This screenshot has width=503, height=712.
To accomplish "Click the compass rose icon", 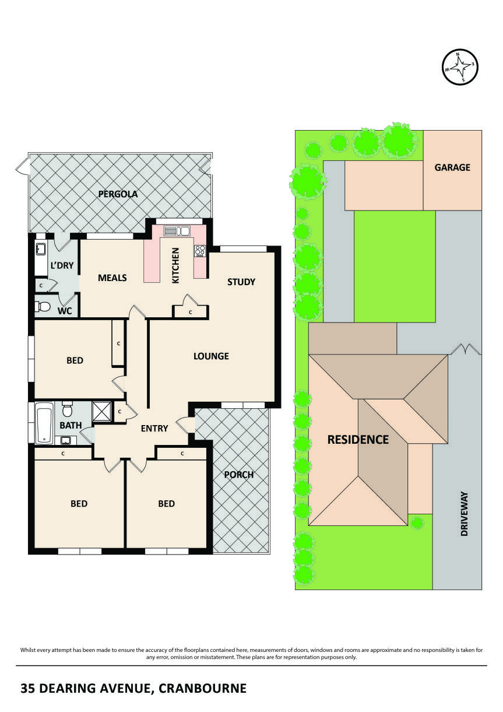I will tap(459, 65).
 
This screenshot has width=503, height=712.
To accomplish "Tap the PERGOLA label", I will tap(118, 194).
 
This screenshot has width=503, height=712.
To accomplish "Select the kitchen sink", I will tap(178, 230).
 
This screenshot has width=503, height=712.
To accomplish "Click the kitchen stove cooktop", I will tap(200, 251).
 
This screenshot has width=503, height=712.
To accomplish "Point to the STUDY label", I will tap(241, 282).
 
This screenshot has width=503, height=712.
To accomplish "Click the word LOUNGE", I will tap(211, 356).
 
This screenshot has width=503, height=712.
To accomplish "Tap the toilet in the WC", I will tap(43, 307).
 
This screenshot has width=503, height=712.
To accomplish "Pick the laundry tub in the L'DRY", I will tap(41, 249).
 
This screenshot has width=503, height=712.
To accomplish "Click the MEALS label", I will tap(112, 278).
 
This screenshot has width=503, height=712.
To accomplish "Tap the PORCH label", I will tap(239, 475).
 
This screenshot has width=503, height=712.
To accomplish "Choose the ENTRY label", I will tap(154, 429).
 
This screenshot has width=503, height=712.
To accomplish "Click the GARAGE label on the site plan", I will tap(452, 167).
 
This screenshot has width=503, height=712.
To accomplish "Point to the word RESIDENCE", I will tap(357, 440).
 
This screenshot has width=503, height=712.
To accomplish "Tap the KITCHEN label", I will tap(175, 265).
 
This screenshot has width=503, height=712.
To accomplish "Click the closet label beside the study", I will tap(191, 313).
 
